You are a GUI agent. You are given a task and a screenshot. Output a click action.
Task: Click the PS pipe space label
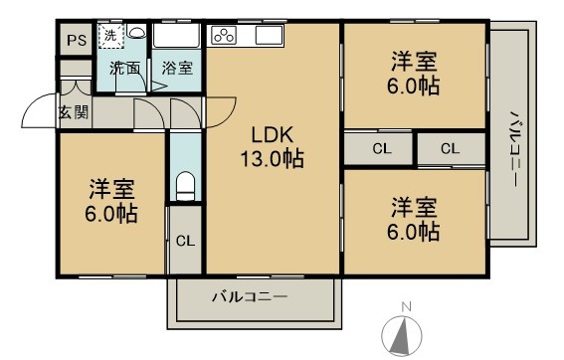click(x=75, y=41)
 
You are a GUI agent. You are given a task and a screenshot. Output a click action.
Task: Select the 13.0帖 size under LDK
click(x=270, y=158)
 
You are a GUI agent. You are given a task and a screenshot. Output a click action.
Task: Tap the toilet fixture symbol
click(x=184, y=186)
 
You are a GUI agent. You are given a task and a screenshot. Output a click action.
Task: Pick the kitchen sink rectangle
click(x=269, y=37)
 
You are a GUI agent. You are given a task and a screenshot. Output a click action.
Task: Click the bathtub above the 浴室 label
click(x=177, y=38)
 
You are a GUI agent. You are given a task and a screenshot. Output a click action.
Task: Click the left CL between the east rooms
click(x=380, y=149)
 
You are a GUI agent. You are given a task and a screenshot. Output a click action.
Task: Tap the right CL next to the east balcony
click(x=450, y=149)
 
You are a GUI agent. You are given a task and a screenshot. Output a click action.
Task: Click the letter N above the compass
click(x=404, y=306)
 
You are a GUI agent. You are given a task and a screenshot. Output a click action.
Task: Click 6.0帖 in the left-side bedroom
click(x=110, y=213)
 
